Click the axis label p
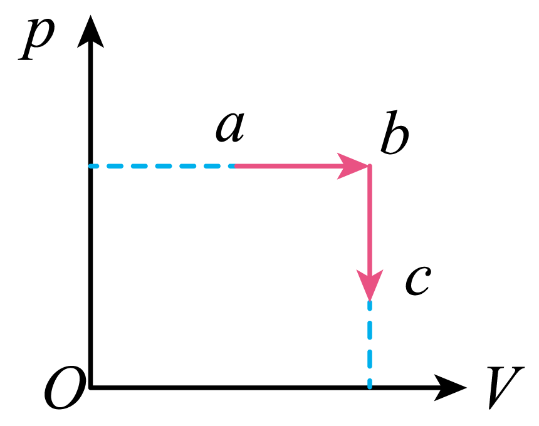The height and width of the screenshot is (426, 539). tap(37, 38)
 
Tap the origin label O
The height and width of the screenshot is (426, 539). tap(65, 388)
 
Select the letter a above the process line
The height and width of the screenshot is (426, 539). tap(230, 127)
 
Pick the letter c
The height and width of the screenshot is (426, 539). tap(418, 281)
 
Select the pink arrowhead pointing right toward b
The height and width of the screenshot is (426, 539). tap(352, 166)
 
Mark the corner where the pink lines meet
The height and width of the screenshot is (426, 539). tap(370, 166)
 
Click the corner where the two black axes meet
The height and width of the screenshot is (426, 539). tap(91, 388)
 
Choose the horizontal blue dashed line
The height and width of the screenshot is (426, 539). tap(162, 166)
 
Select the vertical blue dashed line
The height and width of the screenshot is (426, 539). tap(370, 345)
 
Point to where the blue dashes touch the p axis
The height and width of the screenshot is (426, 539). tap(91, 166)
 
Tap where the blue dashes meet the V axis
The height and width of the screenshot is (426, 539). tap(370, 388)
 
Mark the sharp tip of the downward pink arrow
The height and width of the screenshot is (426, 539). tap(370, 301)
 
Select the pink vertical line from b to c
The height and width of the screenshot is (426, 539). tap(370, 234)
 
